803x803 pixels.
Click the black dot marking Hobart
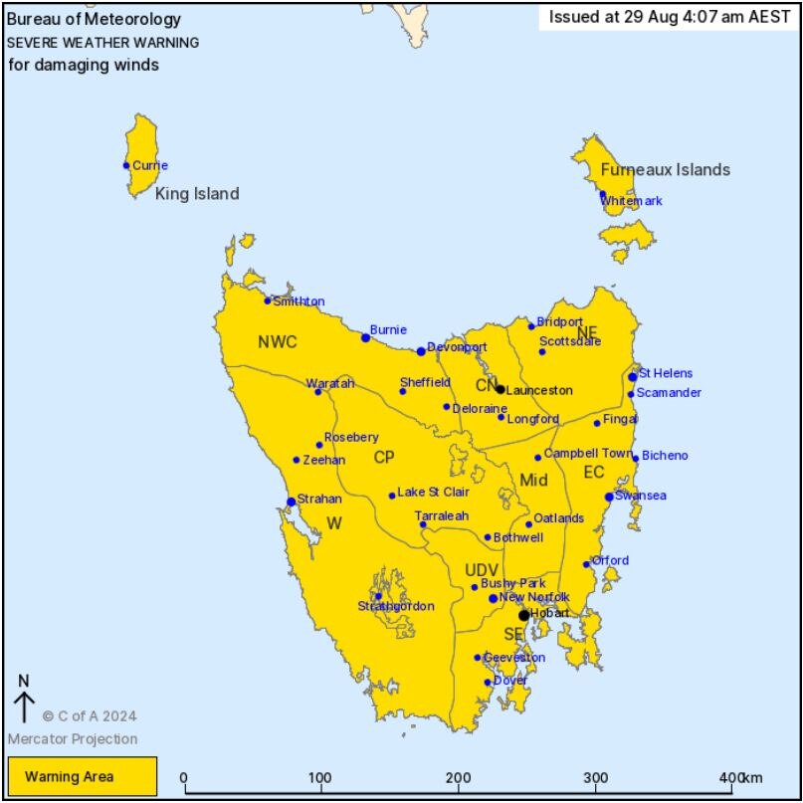click(x=524, y=615)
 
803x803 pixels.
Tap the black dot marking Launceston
click(x=501, y=390)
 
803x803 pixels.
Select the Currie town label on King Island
click(x=150, y=165)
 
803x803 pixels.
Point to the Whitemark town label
click(x=632, y=201)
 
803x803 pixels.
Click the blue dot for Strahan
click(x=291, y=502)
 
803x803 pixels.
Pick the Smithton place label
click(x=299, y=301)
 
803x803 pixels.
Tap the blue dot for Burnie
click(x=365, y=337)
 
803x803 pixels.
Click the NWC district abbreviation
click(x=278, y=342)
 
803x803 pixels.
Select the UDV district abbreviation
click(x=482, y=569)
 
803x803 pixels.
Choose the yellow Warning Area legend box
click(x=83, y=776)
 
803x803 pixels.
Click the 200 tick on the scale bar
click(x=458, y=777)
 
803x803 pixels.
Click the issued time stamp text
click(x=670, y=17)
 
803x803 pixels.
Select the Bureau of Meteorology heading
click(x=94, y=19)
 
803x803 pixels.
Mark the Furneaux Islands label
click(x=665, y=169)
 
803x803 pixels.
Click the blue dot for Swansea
click(x=609, y=497)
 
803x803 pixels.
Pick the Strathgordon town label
click(x=396, y=606)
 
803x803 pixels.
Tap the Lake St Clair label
click(x=435, y=492)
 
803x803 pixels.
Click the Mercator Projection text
click(x=73, y=738)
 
